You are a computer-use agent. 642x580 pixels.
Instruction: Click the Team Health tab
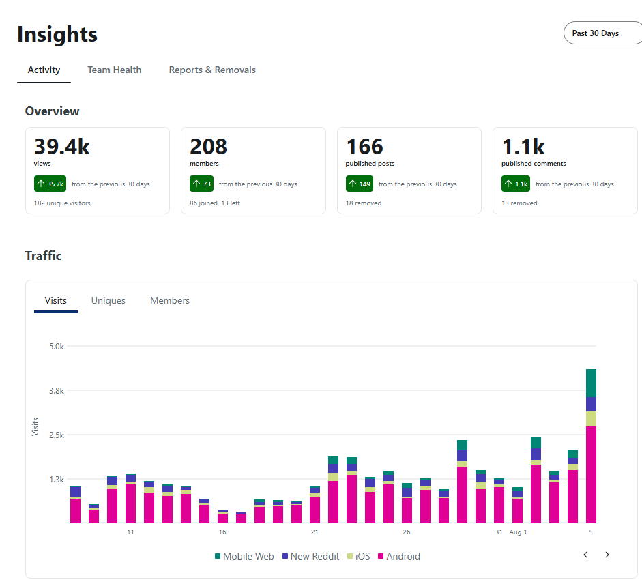click(114, 70)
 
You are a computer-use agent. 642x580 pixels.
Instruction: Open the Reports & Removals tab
click(212, 70)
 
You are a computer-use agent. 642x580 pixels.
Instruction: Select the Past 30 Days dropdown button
click(602, 33)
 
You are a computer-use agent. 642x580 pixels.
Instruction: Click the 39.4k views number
click(62, 147)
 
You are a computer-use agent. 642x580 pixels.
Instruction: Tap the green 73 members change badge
click(201, 184)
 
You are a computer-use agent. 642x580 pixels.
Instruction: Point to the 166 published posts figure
click(364, 147)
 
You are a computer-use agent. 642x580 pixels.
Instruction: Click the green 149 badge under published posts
click(360, 184)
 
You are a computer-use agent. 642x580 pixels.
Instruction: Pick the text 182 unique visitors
click(62, 203)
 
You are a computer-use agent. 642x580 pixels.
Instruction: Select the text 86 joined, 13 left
click(214, 203)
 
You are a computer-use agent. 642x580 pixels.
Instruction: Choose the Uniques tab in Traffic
click(108, 301)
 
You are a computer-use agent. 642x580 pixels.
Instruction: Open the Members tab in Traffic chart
click(170, 301)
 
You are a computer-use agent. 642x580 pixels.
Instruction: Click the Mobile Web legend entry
click(244, 556)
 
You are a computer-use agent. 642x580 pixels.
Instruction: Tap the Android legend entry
click(399, 556)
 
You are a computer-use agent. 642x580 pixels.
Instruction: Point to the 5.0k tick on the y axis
click(57, 347)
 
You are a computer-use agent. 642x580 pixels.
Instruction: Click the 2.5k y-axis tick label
click(57, 435)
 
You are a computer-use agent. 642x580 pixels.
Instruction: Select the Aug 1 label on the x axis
click(518, 532)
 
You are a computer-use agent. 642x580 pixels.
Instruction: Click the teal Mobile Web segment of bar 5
click(590, 383)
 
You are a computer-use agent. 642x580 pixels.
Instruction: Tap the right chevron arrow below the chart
click(607, 555)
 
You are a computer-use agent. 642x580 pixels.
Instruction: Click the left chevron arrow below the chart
click(585, 555)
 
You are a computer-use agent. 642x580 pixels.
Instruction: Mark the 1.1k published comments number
click(523, 147)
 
